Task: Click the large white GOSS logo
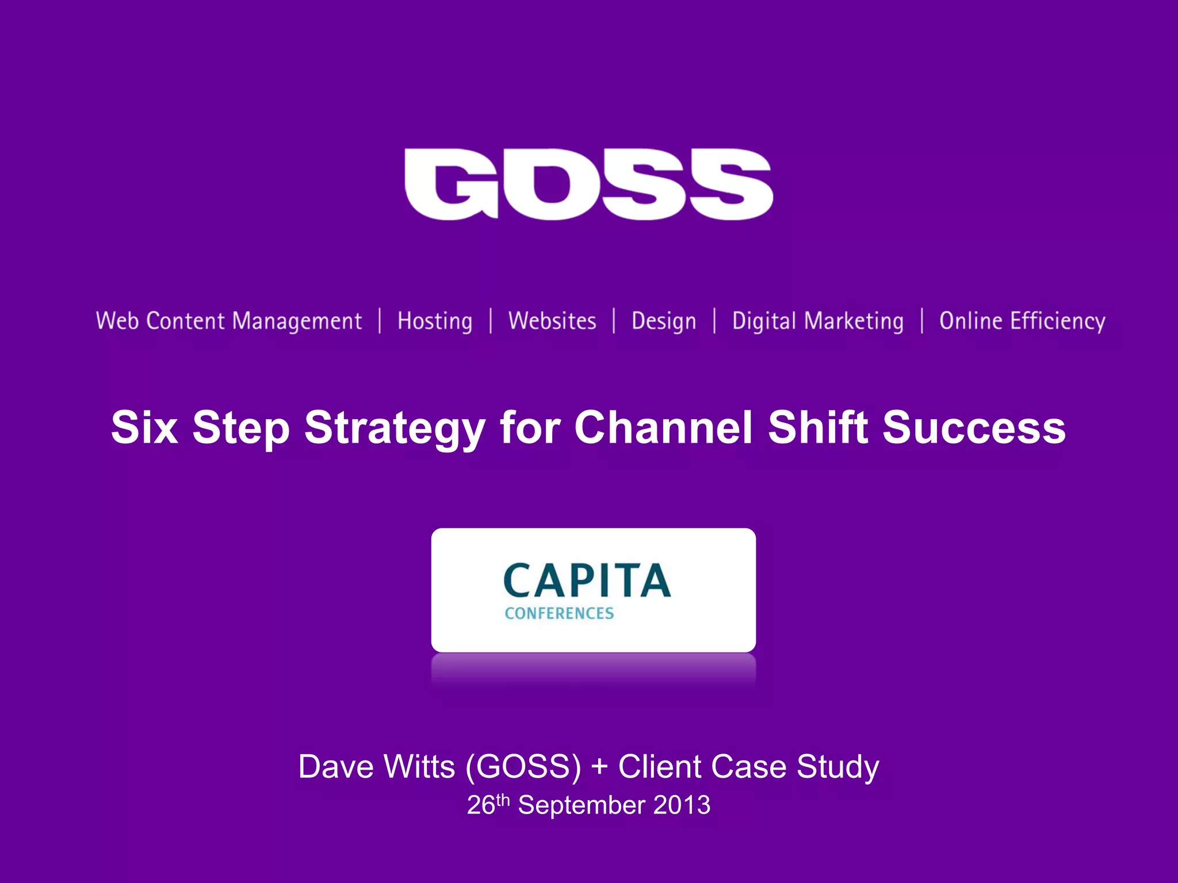[x=588, y=184]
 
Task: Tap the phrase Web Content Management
[x=229, y=321]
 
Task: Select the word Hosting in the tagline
[x=435, y=321]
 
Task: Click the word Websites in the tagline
[x=552, y=321]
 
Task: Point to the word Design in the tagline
[x=664, y=321]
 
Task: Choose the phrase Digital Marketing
[x=818, y=321]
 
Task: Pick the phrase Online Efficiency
[x=1022, y=321]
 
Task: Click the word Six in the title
[x=144, y=428]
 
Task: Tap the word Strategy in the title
[x=395, y=429]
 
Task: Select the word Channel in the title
[x=663, y=428]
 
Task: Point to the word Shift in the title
[x=817, y=428]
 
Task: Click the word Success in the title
[x=974, y=428]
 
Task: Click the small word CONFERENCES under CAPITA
[x=559, y=613]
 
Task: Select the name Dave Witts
[x=377, y=767]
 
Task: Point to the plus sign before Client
[x=599, y=767]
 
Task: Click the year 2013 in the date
[x=682, y=805]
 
